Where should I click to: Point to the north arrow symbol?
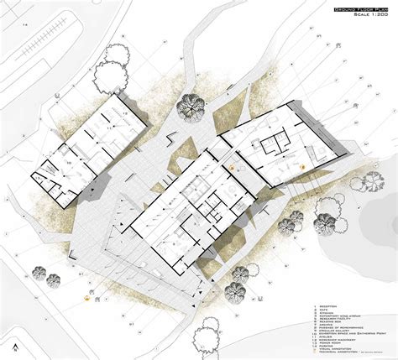pyautogui.click(x=16, y=345)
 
